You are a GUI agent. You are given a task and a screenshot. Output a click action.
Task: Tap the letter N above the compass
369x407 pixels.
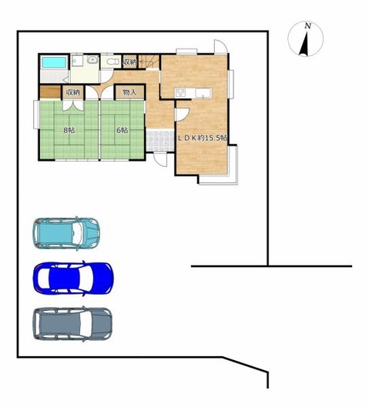[308, 26]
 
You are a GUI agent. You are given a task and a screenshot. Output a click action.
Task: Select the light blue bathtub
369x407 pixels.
[54, 62]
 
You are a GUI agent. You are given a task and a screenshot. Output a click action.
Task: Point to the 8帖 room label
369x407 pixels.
[69, 130]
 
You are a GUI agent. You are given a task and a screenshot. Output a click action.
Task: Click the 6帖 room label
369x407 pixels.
[122, 130]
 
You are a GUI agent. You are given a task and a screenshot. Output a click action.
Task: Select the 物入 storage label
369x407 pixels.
[129, 92]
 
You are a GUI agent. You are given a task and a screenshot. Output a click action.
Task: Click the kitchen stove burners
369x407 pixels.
[181, 93]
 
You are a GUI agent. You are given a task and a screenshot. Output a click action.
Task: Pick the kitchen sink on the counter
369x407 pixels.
[203, 93]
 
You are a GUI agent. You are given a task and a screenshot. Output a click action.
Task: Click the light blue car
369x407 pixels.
[66, 232]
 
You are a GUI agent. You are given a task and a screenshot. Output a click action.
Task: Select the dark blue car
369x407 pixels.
[72, 278]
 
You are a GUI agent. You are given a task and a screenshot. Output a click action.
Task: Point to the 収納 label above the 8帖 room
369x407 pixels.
[72, 92]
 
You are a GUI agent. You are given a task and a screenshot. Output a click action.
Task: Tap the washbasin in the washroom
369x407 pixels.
[92, 60]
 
